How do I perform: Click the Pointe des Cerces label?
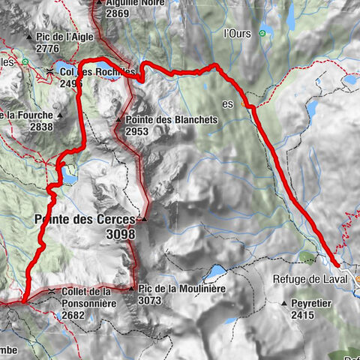pos(85,220)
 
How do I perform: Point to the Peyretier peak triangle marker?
pos(284,304)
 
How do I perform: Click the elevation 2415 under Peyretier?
pos(305,316)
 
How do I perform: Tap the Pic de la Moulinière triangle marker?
pos(131,289)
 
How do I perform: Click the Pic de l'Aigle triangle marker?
pos(28,37)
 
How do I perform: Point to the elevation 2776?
pos(46,48)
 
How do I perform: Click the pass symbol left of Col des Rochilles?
pos(49,71)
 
